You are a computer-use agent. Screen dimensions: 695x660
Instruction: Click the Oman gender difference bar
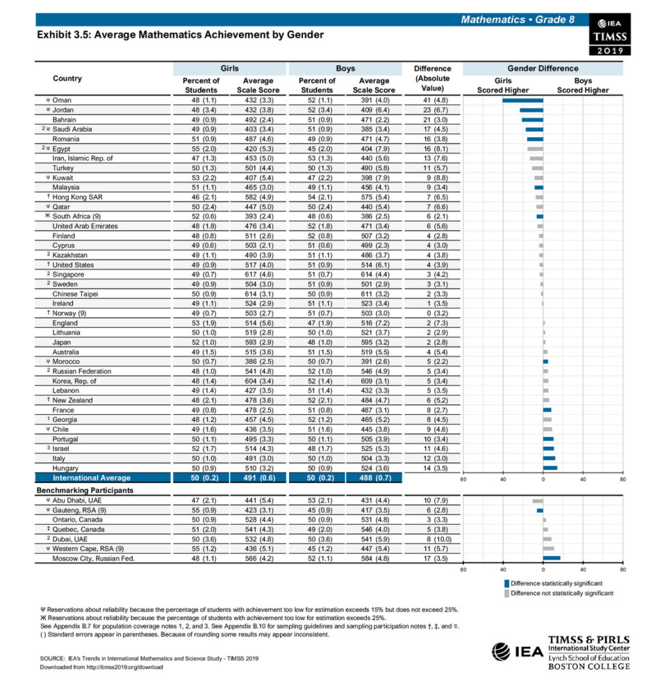pos(522,100)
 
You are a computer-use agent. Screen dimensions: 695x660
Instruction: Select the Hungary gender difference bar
pos(550,468)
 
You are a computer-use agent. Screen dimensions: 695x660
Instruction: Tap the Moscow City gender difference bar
pos(552,557)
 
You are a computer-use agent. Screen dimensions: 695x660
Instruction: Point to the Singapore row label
pos(69,275)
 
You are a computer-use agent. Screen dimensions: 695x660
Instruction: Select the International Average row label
pos(92,478)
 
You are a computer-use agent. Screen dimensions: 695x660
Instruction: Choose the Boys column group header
pos(345,69)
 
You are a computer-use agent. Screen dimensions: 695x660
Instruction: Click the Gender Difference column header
pos(543,69)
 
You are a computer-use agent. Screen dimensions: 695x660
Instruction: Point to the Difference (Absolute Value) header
pos(432,79)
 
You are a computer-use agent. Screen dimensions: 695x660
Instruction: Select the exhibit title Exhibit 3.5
pos(180,34)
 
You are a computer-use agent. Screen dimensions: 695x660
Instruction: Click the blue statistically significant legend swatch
pos(506,583)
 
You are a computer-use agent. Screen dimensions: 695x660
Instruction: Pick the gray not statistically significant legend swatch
pos(506,593)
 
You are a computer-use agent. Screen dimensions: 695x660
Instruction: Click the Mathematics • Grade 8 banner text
pos(518,19)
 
